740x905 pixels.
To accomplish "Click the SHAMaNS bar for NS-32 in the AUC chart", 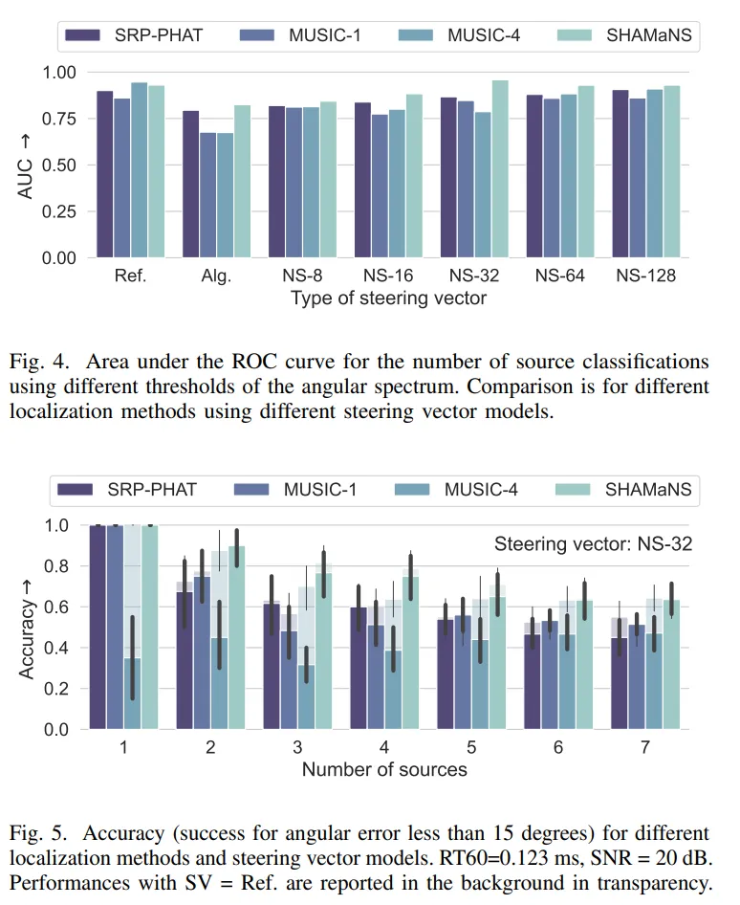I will pos(500,169).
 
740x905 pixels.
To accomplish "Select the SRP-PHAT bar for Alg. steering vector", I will pos(191,185).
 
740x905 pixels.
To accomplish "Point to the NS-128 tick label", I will pos(645,276).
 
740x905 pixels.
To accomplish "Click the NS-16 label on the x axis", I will pos(386,276).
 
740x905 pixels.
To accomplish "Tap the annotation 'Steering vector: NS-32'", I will pos(593,545).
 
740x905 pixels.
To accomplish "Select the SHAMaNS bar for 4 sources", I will pos(411,652).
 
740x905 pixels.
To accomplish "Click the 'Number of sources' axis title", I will pos(384,769).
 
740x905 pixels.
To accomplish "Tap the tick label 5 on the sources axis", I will pos(472,747).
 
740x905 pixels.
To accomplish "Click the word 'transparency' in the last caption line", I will pos(655,882).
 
